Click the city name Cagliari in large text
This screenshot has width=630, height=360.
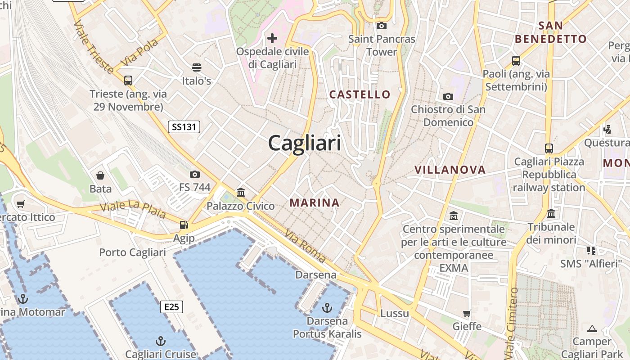coord(305,144)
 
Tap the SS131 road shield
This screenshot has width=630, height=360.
coord(184,127)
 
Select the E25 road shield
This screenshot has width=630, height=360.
coord(171,307)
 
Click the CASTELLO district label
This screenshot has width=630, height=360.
coord(360,94)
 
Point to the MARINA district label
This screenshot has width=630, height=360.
coord(315,202)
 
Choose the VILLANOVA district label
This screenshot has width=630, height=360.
coord(450,170)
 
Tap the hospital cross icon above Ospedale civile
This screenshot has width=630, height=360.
coord(272,38)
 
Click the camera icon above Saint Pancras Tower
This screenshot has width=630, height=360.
coord(381,26)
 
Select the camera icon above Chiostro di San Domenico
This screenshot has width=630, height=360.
coord(448,96)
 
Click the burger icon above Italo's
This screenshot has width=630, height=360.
coord(196,67)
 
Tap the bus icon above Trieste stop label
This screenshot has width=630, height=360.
coord(128,81)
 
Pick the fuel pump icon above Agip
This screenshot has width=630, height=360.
coord(184,225)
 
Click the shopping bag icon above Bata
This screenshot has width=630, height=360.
coord(100,175)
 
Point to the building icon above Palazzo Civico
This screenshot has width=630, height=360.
coord(241,192)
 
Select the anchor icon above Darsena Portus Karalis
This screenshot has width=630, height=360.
coord(327,308)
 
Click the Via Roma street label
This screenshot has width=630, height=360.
coord(305,246)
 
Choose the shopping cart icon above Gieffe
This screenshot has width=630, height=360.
coord(467,313)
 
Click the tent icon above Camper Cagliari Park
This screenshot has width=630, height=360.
coord(592,328)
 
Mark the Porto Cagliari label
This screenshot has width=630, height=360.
coord(132,252)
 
